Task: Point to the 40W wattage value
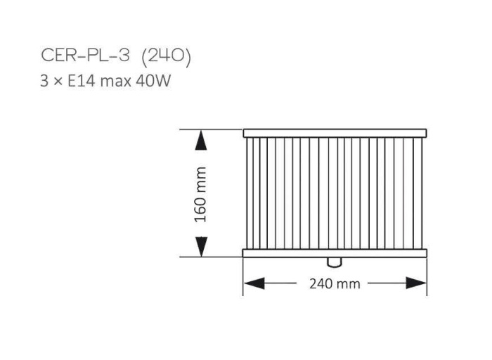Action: [155, 80]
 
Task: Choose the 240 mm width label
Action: [335, 284]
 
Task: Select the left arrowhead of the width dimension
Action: [254, 283]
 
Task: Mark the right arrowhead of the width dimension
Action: [417, 283]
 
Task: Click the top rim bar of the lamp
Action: [335, 133]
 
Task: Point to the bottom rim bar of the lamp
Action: [335, 253]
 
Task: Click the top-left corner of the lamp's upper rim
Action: [244, 129]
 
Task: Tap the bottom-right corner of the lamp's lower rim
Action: [427, 257]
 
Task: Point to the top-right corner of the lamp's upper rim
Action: [427, 129]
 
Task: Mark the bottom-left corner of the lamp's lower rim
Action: [243, 257]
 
